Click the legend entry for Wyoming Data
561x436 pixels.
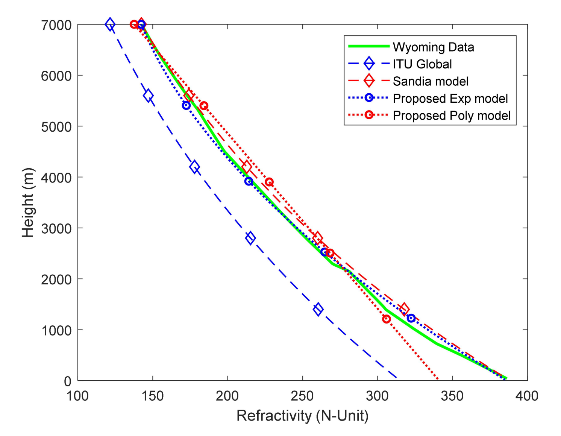coord(433,47)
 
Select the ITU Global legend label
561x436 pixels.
coord(422,64)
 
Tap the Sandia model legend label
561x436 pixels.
coord(431,81)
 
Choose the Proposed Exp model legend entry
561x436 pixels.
coord(450,99)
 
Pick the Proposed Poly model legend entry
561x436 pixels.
coord(452,115)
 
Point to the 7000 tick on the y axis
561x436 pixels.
coord(56,25)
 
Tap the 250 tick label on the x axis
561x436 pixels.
coord(302,396)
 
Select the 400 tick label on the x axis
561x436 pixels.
coord(527,396)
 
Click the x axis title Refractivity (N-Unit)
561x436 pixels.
coord(302,416)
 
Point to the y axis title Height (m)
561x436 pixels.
coord(28,202)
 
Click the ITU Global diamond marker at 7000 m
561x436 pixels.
coord(110,24)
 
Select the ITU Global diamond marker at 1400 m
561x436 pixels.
coord(318,310)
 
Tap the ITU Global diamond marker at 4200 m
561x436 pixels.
coord(194,167)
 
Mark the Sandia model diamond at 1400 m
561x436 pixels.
coord(404,309)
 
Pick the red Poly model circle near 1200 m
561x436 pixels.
coord(386,319)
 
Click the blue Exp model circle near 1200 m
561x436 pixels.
coord(411,318)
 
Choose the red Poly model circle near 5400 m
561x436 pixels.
coord(204,106)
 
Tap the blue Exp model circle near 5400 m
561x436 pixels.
coord(186,106)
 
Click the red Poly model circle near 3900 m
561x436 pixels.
coord(269,182)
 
